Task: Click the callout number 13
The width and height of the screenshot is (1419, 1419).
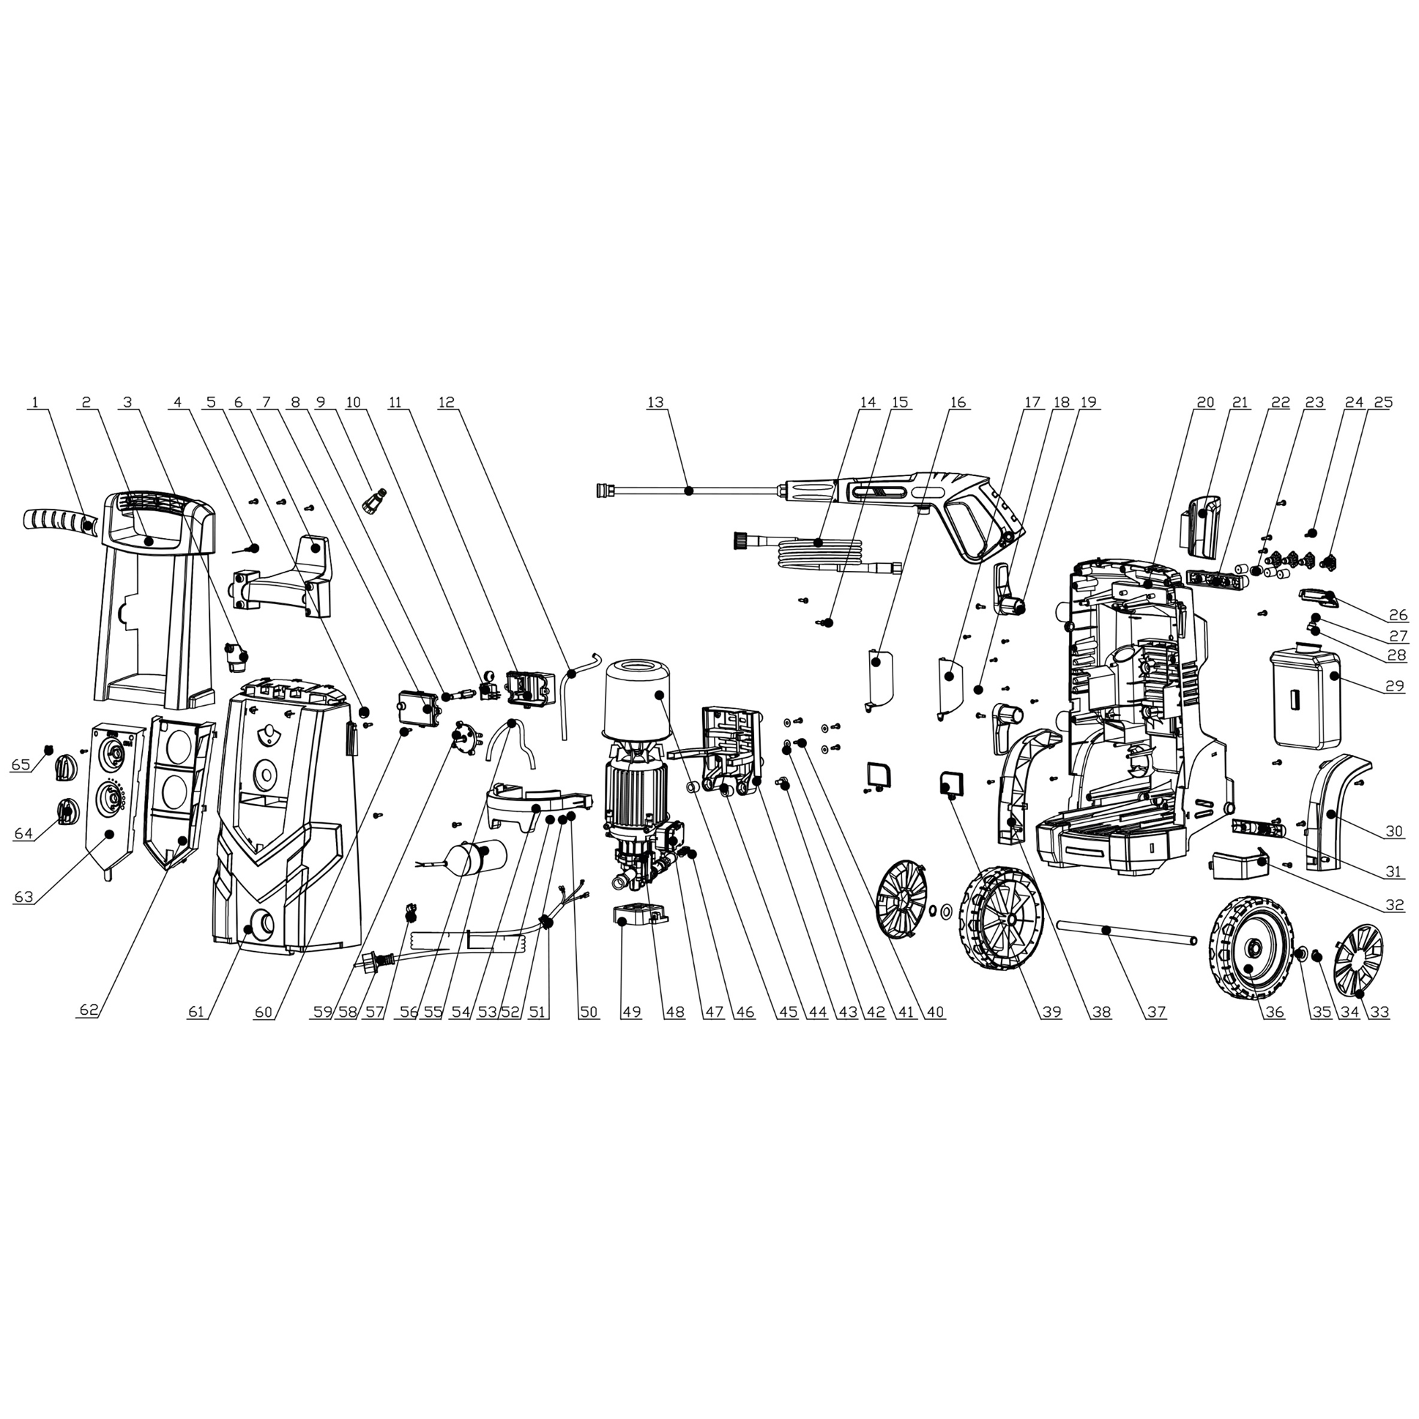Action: [655, 402]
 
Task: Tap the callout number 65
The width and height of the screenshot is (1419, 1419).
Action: [21, 764]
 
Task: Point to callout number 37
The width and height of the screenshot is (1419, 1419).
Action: [1157, 1012]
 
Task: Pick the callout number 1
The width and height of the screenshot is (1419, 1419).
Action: [35, 402]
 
